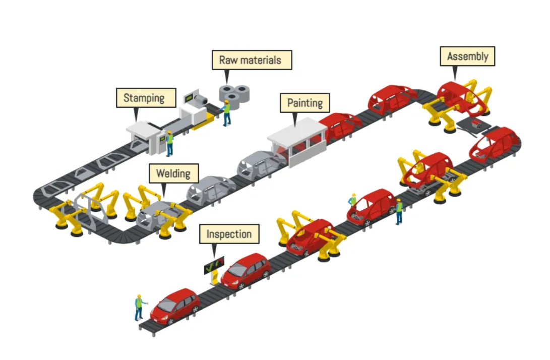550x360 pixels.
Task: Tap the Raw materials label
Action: point(250,60)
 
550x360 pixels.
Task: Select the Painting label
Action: point(304,103)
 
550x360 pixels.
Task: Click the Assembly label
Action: point(467,56)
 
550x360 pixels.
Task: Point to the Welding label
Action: point(173,173)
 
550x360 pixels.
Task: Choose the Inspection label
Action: point(229,234)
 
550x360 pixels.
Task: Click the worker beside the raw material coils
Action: point(227,112)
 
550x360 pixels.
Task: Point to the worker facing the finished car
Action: point(139,308)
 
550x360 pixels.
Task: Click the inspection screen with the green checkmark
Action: point(214,265)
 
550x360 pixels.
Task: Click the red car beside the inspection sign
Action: point(246,271)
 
